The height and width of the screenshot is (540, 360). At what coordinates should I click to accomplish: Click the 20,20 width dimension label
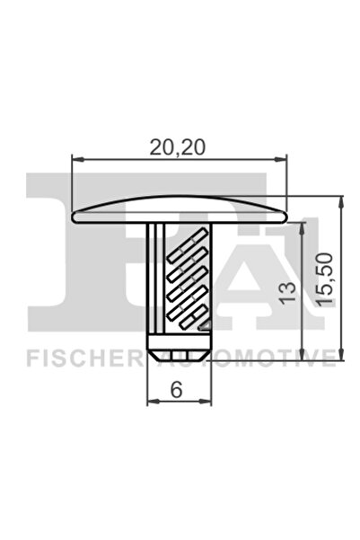pos(180,146)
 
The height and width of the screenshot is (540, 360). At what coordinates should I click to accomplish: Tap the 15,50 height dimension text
pos(328,279)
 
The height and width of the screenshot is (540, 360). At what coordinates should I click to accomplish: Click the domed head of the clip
pos(180,209)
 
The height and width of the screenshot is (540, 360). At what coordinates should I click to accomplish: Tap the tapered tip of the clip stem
pos(180,351)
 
